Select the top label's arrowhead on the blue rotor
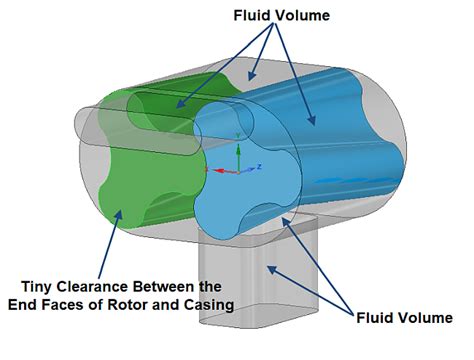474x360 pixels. [x=313, y=126]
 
